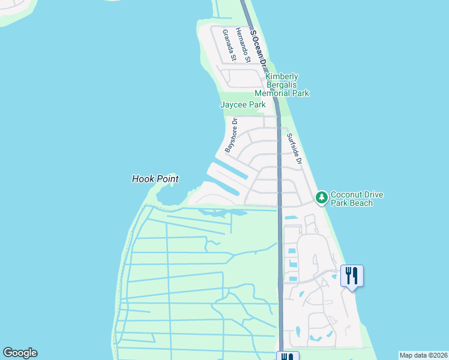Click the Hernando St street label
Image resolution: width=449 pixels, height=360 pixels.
[243, 44]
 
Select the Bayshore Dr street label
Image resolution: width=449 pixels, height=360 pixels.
[232, 134]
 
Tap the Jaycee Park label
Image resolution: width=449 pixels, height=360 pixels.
[243, 104]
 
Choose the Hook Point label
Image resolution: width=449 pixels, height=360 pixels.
[155, 179]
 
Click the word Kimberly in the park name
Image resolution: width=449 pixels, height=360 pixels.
[282, 77]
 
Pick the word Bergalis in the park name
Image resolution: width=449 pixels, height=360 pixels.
[282, 85]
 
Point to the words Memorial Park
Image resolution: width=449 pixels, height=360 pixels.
[282, 94]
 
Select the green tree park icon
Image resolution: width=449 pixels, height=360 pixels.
[322, 197]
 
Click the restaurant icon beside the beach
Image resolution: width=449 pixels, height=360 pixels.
[352, 276]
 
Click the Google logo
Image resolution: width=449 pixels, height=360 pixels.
[20, 353]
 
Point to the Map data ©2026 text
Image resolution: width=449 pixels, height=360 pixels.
[423, 355]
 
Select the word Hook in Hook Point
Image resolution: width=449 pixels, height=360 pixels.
[142, 179]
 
